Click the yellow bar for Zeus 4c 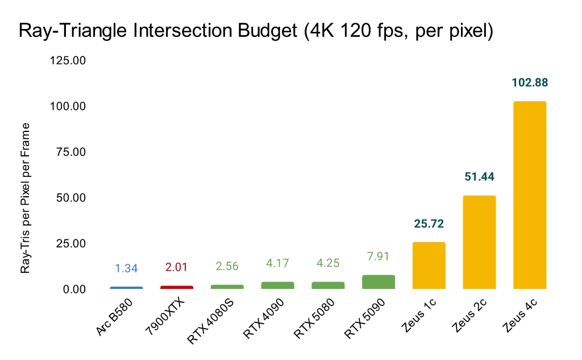tap(530, 195)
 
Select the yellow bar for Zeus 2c tap(479, 242)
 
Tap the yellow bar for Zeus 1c tap(429, 266)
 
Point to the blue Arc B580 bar tap(126, 288)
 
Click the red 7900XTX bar tap(177, 287)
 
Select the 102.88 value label tap(530, 82)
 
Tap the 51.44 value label tap(479, 177)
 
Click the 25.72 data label tap(429, 224)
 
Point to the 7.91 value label tap(379, 256)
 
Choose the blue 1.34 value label tap(126, 268)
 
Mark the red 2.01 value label tap(177, 267)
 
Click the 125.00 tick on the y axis tap(68, 61)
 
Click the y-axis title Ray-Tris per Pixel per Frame tap(26, 197)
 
